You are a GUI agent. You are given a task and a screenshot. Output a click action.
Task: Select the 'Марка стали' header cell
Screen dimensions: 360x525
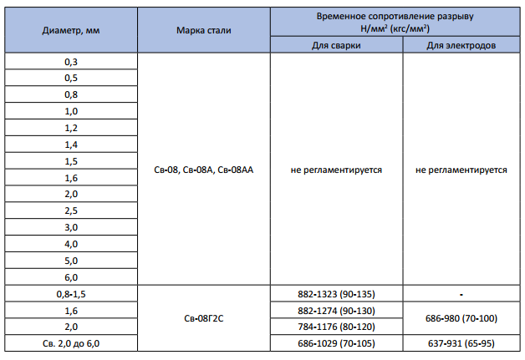tap(204, 29)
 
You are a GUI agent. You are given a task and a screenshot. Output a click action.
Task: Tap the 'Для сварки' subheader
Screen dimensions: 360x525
tap(336, 45)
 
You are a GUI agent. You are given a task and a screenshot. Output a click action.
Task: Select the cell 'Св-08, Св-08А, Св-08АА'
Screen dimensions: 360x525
tap(204, 170)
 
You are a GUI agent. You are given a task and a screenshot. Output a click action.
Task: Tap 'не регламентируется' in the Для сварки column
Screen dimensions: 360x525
tap(336, 170)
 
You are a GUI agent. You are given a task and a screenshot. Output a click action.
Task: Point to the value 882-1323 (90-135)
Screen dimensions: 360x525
tap(336, 294)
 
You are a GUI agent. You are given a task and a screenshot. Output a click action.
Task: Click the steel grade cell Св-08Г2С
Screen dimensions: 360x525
tap(204, 318)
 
